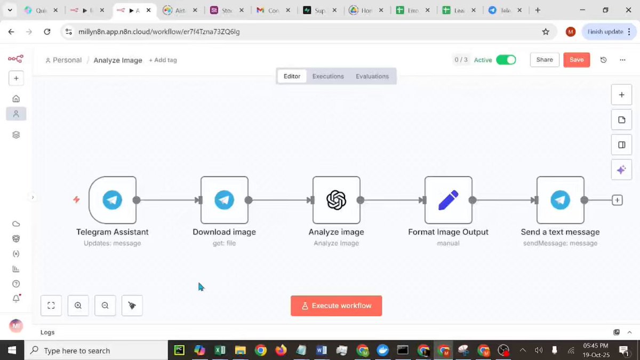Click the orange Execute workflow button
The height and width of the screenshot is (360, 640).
point(336,306)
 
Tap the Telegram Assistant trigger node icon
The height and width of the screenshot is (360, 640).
point(113,200)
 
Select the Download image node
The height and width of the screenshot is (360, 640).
point(225,200)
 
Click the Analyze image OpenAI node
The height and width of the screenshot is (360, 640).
point(337,200)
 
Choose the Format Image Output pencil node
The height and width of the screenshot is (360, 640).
point(449,200)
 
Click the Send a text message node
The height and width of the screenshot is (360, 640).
point(561,200)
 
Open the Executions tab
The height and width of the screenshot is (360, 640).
point(328,76)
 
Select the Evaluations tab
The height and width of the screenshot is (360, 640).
point(372,76)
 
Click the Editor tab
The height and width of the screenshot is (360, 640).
point(292,76)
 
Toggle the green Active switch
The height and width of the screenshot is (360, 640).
point(506,60)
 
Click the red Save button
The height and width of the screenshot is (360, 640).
point(577,60)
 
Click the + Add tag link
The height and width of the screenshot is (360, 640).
point(163,60)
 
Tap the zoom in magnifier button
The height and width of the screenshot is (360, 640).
point(78,306)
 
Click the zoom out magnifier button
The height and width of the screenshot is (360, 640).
point(105,306)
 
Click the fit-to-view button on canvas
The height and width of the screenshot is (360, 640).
point(51,306)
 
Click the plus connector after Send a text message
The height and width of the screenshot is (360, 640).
point(617,201)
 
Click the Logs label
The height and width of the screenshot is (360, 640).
point(47,332)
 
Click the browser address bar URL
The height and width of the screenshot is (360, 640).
point(159,32)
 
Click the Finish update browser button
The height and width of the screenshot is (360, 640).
point(605,32)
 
